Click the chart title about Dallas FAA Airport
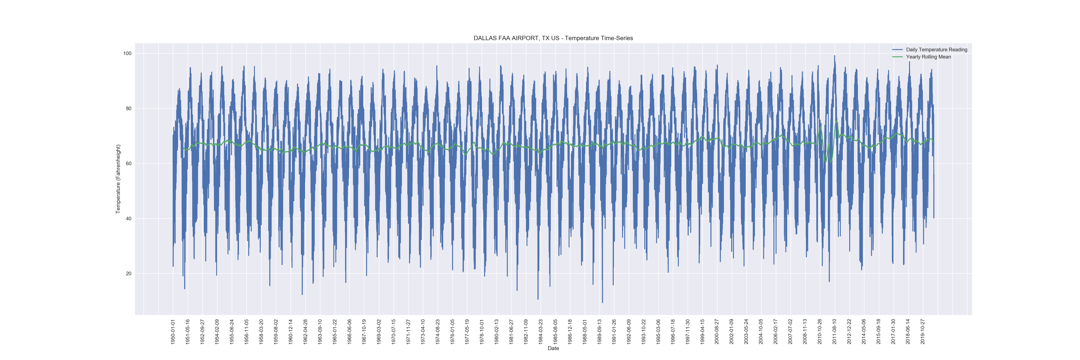tap(553, 38)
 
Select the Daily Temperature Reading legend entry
tap(936, 49)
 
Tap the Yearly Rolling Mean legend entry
tap(928, 57)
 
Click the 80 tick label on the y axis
tap(128, 109)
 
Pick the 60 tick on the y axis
tap(128, 163)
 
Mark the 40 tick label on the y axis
tap(128, 219)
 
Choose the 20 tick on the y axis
tap(128, 274)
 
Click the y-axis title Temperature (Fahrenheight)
tap(118, 179)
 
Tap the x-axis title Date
tap(553, 348)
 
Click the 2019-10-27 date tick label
tap(923, 332)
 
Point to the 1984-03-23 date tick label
tap(540, 332)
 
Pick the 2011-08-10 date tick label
tap(834, 332)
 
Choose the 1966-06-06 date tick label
tap(349, 332)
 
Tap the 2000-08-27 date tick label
tap(717, 332)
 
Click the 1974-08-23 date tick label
tap(438, 332)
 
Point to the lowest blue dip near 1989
tap(602, 302)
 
